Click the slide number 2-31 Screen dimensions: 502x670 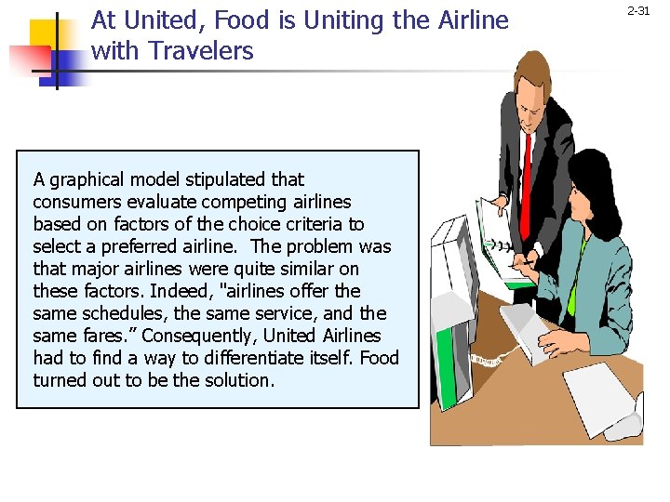tap(638, 11)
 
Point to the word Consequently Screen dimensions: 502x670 tap(194, 336)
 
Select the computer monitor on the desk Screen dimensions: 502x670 tap(456, 297)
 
